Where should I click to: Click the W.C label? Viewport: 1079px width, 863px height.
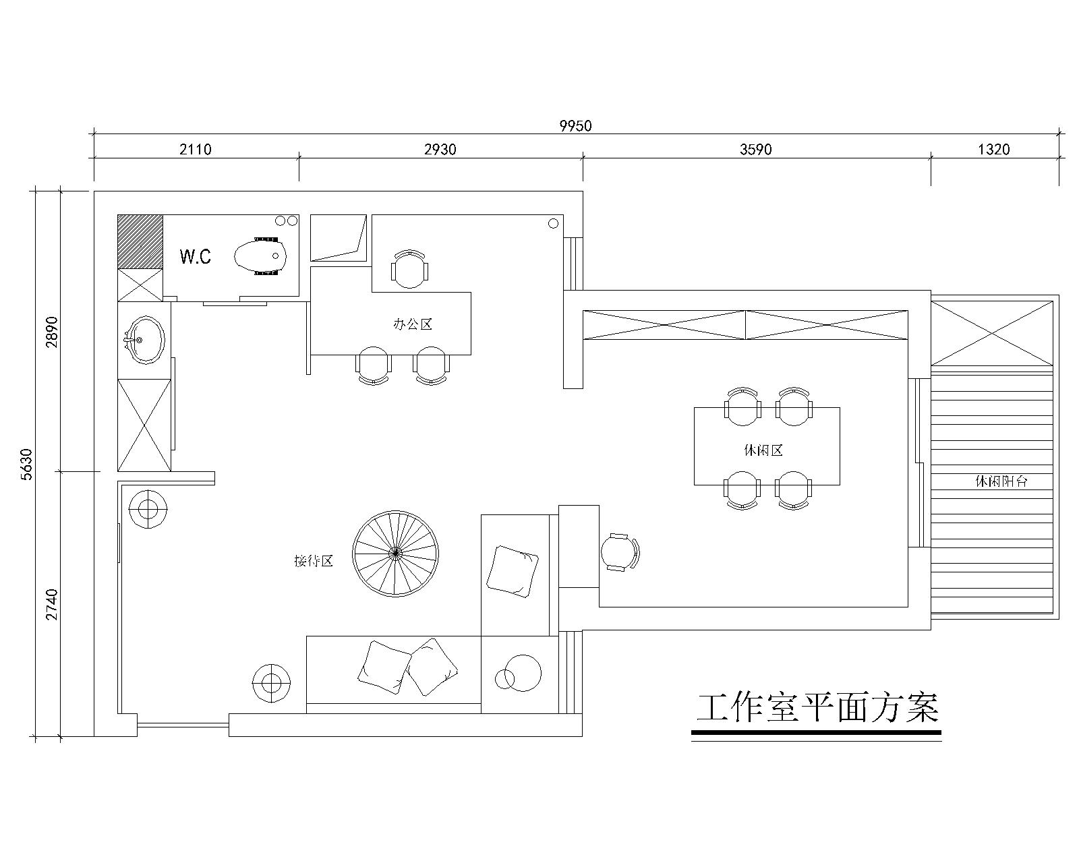click(195, 256)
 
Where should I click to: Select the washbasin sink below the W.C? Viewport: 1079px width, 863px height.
click(144, 340)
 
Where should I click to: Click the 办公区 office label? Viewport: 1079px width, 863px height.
click(412, 324)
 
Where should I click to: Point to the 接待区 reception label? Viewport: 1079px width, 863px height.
click(314, 561)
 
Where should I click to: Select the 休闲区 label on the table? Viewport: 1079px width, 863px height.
click(763, 450)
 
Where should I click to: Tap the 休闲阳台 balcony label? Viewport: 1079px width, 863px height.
click(1001, 481)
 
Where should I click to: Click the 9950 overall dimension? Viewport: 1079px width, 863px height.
click(575, 125)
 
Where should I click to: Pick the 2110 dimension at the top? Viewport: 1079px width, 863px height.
click(195, 149)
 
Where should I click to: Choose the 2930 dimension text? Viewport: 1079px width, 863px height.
click(440, 149)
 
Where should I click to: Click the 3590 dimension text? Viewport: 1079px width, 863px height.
click(755, 149)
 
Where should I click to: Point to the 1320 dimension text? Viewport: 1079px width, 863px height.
click(993, 149)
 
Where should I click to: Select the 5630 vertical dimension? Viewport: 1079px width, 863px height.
click(26, 463)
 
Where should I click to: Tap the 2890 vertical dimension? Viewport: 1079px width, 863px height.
click(53, 331)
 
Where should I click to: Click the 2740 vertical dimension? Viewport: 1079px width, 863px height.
click(53, 605)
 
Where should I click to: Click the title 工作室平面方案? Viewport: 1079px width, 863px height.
click(817, 709)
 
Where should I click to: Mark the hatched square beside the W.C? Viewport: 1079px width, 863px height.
click(140, 241)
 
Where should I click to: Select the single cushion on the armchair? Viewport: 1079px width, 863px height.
click(512, 571)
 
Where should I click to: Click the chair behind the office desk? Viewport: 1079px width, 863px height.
click(409, 268)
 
